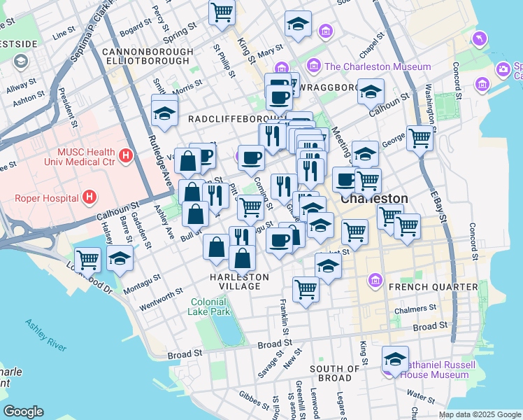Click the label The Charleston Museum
coord(378,67)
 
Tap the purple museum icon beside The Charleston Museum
coord(314,67)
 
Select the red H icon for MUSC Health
coord(126,155)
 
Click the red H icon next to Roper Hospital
coord(88,197)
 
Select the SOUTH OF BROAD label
coord(335,373)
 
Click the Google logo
coord(23,412)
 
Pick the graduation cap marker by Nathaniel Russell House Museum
coord(395,359)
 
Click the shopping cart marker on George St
coord(420,138)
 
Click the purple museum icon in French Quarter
coord(375,281)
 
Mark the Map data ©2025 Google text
coord(479,414)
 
